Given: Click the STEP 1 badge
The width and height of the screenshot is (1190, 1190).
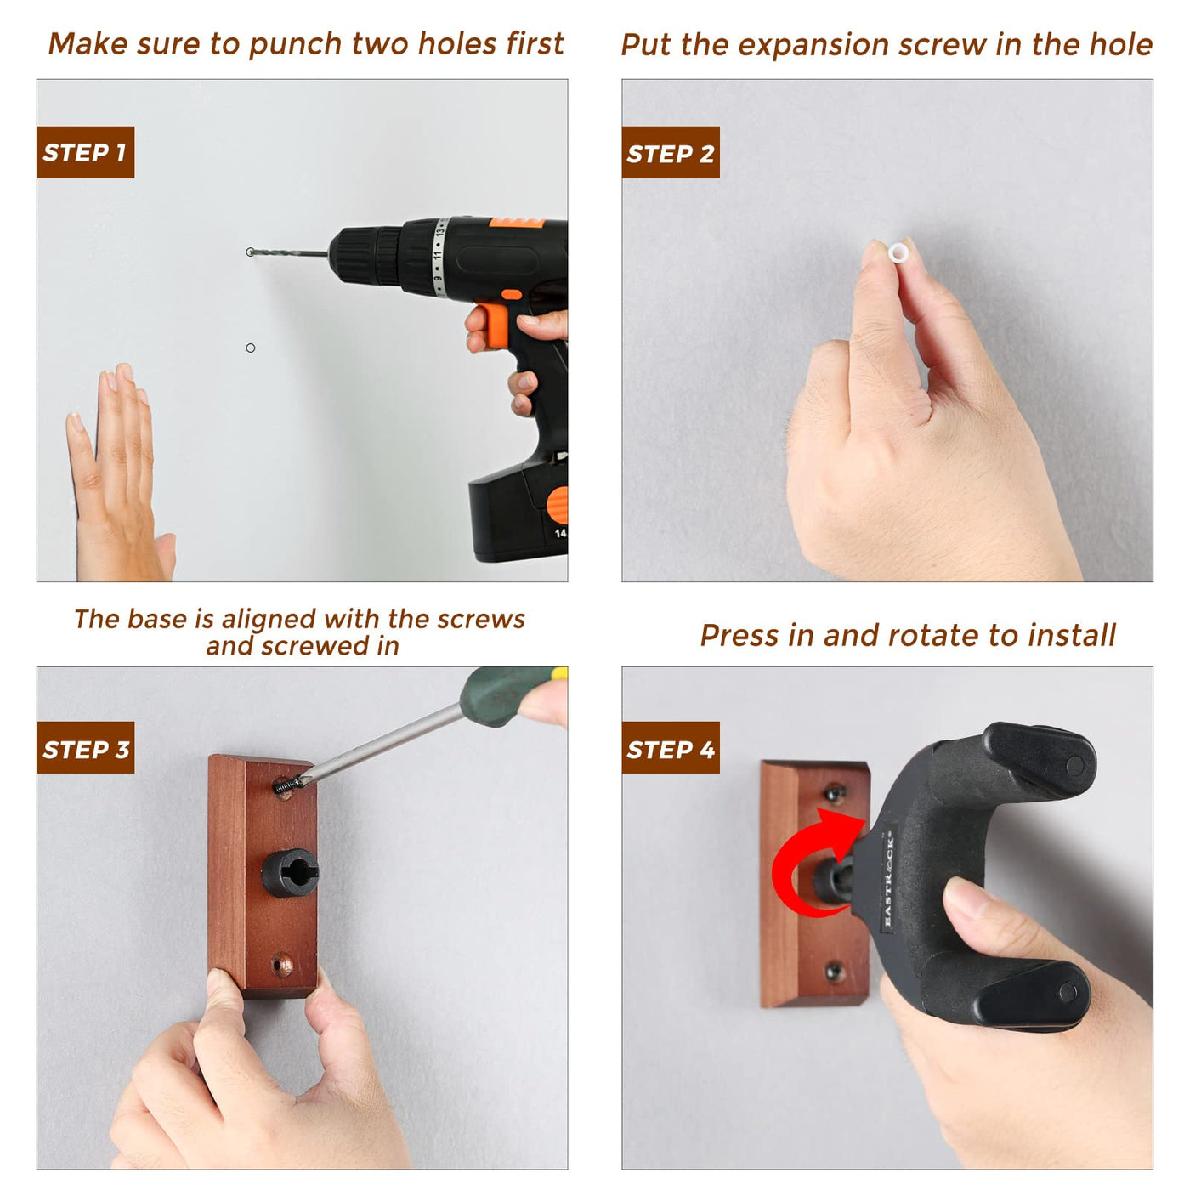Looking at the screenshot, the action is tap(85, 152).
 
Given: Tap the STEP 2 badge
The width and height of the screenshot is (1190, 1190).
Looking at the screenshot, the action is tap(671, 152).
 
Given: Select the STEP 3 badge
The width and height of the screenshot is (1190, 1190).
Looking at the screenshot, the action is tap(85, 747).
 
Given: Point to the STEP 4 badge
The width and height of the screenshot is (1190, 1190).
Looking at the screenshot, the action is tap(671, 747).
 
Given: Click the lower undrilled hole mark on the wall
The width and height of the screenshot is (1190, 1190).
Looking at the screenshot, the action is tap(250, 348).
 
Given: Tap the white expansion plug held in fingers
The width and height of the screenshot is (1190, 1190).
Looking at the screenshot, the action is tap(898, 252).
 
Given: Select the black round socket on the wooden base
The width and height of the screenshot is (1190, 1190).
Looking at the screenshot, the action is tap(289, 873).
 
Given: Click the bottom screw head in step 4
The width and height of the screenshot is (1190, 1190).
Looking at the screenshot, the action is tap(834, 970).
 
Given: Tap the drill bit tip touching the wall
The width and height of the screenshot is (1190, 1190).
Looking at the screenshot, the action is tap(250, 252).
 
